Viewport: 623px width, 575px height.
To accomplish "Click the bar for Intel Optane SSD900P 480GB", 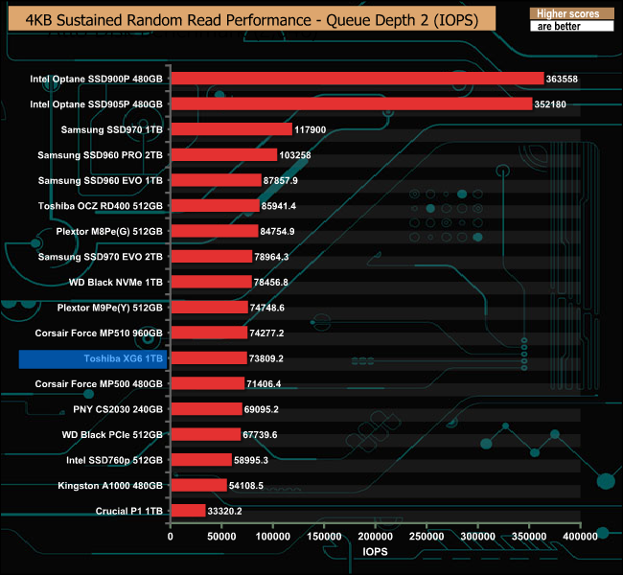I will [x=357, y=79].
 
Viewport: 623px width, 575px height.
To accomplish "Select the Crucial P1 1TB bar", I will [x=188, y=511].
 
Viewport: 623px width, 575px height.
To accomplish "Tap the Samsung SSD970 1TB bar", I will [x=231, y=129].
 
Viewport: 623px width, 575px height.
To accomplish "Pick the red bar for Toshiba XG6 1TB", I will [x=208, y=358].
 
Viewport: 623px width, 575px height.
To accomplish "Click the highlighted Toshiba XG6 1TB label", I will [x=94, y=358].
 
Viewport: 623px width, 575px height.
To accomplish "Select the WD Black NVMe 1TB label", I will [x=115, y=282].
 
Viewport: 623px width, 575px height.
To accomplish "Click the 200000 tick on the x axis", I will [x=375, y=538].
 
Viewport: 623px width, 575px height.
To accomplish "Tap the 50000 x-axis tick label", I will [x=221, y=538].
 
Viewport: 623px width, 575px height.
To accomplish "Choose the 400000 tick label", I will [x=579, y=538].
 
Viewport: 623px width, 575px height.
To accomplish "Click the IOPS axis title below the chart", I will [x=375, y=553].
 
